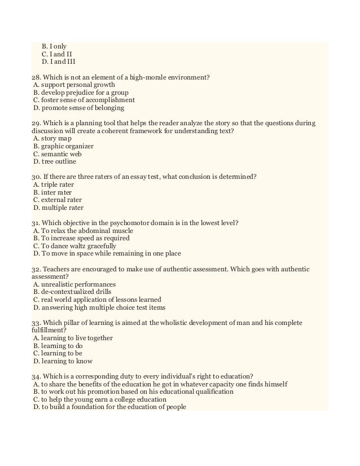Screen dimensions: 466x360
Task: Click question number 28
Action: pyautogui.click(x=36, y=76)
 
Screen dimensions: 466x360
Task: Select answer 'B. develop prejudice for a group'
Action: pyautogui.click(x=80, y=91)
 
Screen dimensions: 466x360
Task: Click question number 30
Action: pyautogui.click(x=36, y=176)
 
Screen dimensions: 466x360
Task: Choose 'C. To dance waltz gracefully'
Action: pyautogui.click(x=74, y=246)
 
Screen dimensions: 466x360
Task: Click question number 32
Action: pyautogui.click(x=36, y=269)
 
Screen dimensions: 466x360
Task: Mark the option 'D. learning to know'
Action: pyautogui.click(x=63, y=361)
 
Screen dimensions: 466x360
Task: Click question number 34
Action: pyautogui.click(x=36, y=376)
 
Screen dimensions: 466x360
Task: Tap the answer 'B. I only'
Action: pyautogui.click(x=54, y=45)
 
